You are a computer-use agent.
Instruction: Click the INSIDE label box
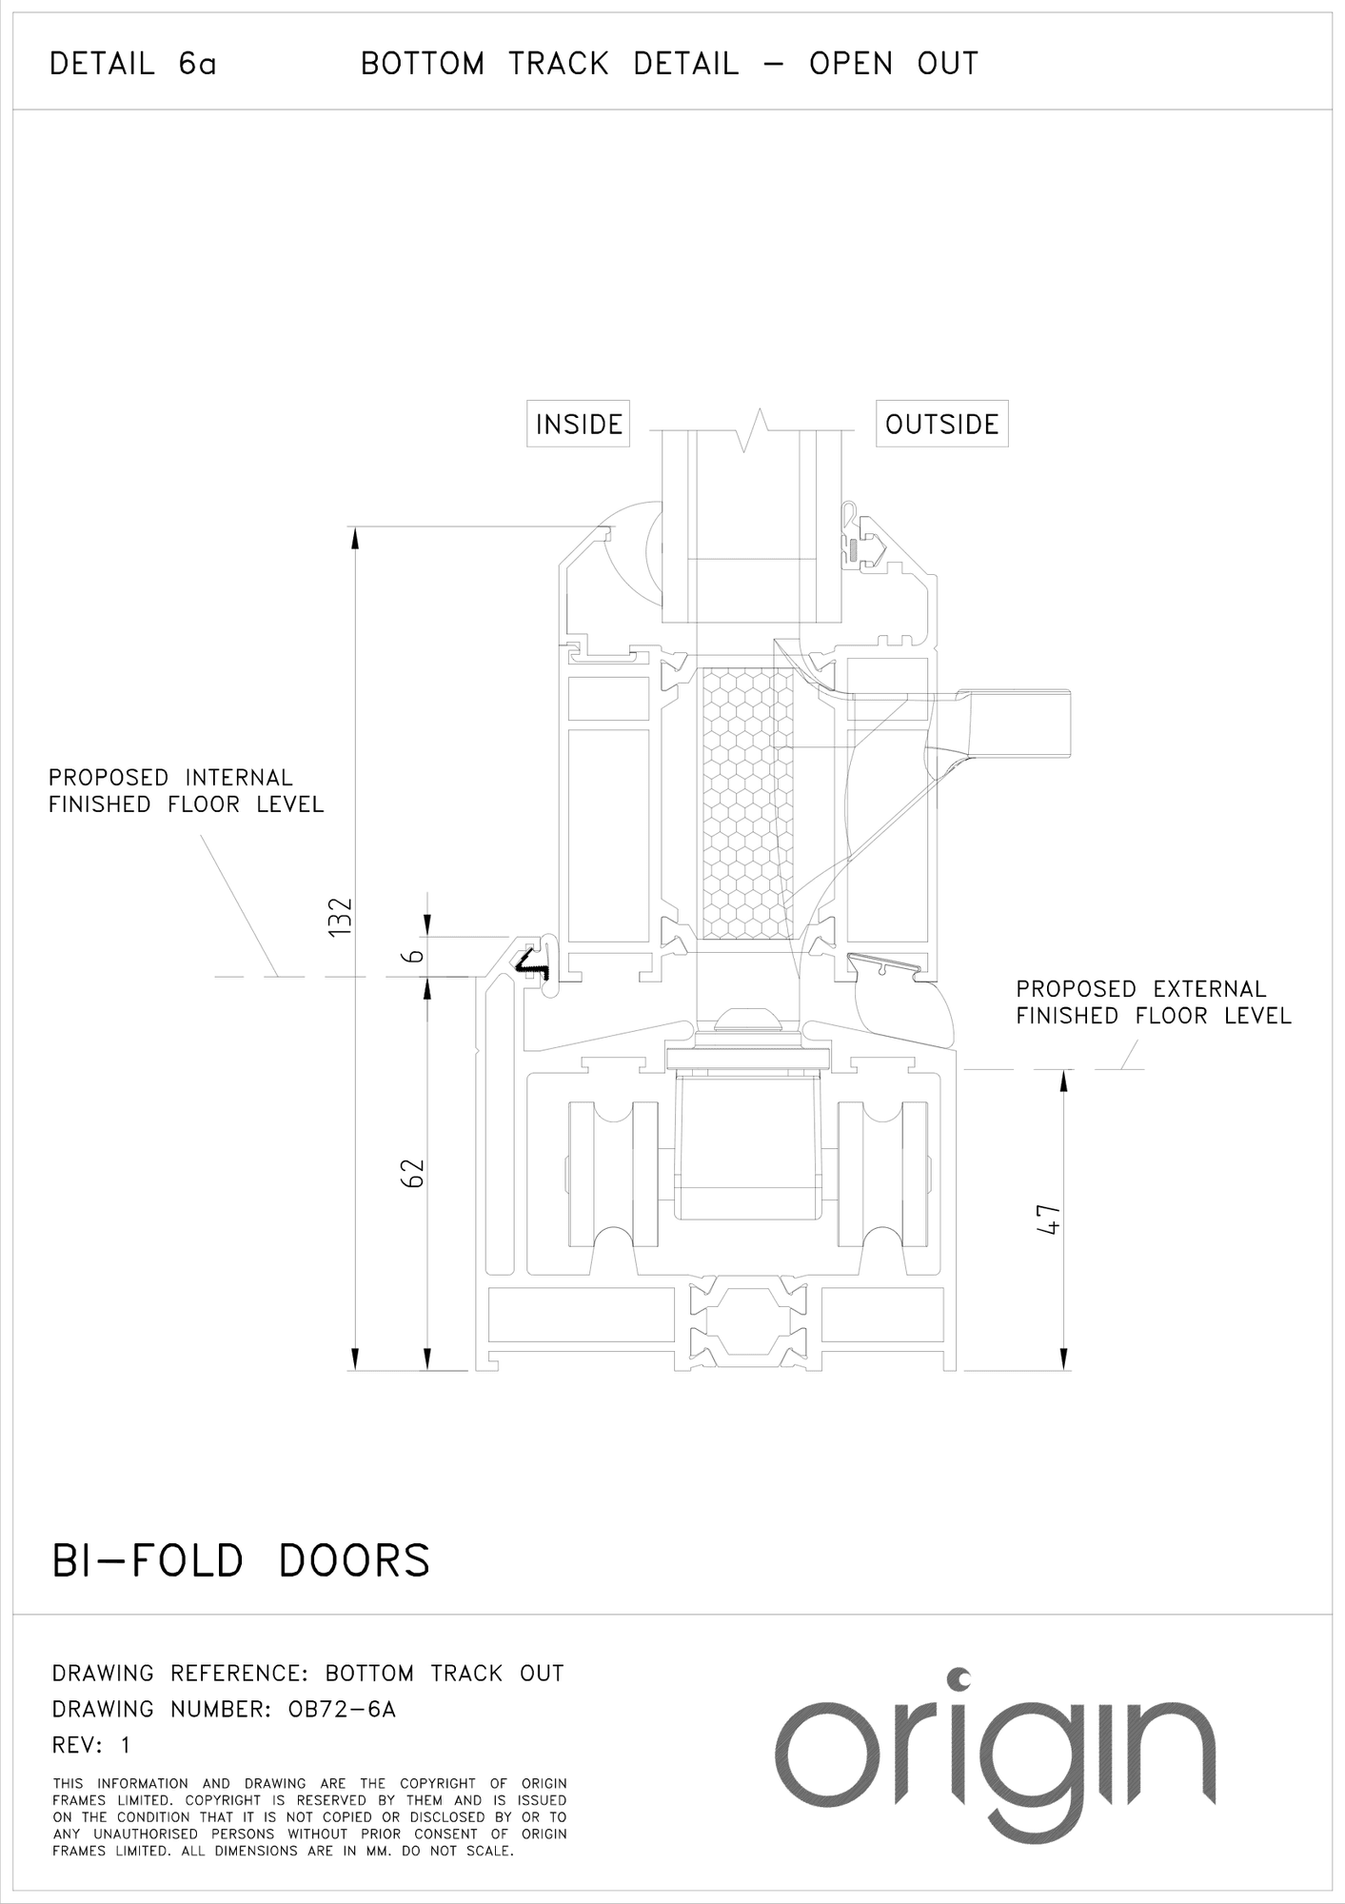point(579,424)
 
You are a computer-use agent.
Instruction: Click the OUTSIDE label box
point(941,424)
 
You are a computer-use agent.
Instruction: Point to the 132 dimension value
point(340,916)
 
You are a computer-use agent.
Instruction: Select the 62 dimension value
point(412,1174)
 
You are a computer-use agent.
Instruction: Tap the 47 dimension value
point(1047,1220)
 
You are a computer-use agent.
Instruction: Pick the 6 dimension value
point(412,956)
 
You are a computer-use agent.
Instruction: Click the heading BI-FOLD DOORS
point(241,1561)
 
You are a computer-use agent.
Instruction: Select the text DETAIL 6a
point(133,65)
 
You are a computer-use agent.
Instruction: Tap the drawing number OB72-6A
point(341,1709)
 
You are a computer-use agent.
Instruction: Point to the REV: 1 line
point(91,1745)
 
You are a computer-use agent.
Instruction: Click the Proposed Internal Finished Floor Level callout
point(187,791)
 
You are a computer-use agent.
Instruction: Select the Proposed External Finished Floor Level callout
point(1153,1002)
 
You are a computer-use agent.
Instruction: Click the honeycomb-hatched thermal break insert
point(746,803)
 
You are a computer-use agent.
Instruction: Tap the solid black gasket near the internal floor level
point(533,965)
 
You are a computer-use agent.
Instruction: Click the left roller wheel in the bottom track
point(613,1176)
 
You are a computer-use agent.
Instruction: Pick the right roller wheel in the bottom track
point(882,1176)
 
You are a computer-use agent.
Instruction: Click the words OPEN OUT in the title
point(894,65)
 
